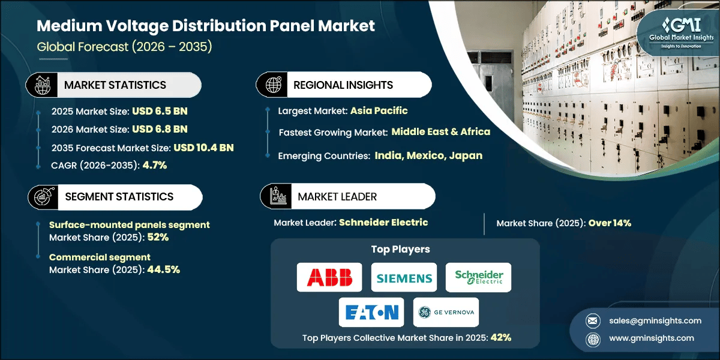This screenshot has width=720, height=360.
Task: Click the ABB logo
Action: click(x=329, y=277)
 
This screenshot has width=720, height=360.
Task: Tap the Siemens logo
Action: click(x=404, y=277)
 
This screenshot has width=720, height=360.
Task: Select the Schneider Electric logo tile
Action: click(x=479, y=277)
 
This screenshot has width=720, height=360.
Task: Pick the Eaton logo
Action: click(x=372, y=312)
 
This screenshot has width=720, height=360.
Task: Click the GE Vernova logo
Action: click(x=446, y=312)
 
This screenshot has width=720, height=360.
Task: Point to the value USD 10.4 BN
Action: click(x=203, y=148)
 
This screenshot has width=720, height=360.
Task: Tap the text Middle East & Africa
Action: click(x=441, y=131)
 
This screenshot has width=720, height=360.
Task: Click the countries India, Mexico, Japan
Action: click(x=428, y=155)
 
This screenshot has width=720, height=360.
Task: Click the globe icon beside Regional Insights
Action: click(x=273, y=85)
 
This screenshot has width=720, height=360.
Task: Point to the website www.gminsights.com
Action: click(x=650, y=338)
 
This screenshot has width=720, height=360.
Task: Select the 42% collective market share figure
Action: click(x=500, y=337)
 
